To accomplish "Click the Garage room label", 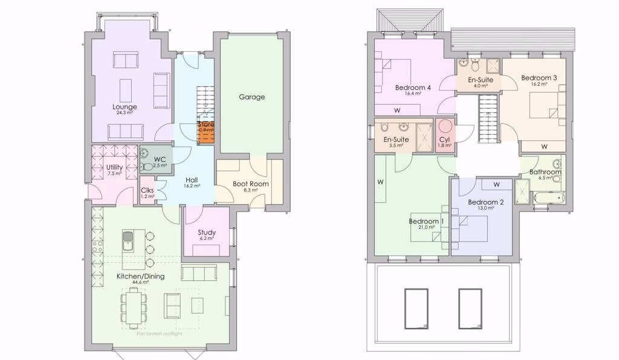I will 251,97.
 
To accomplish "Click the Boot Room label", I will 250,184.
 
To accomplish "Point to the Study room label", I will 207,233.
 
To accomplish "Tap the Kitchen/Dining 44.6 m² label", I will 140,277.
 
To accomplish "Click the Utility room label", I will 114,167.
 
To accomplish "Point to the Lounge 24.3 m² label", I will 125,107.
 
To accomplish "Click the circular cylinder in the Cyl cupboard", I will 445,127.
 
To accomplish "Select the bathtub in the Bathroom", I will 548,197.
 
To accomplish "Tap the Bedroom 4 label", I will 413,88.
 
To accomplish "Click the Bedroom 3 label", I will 539,78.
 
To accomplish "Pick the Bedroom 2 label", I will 485,202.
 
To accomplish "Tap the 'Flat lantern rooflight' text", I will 159,333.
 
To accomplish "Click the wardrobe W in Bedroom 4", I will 397,110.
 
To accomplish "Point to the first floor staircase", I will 487,119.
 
